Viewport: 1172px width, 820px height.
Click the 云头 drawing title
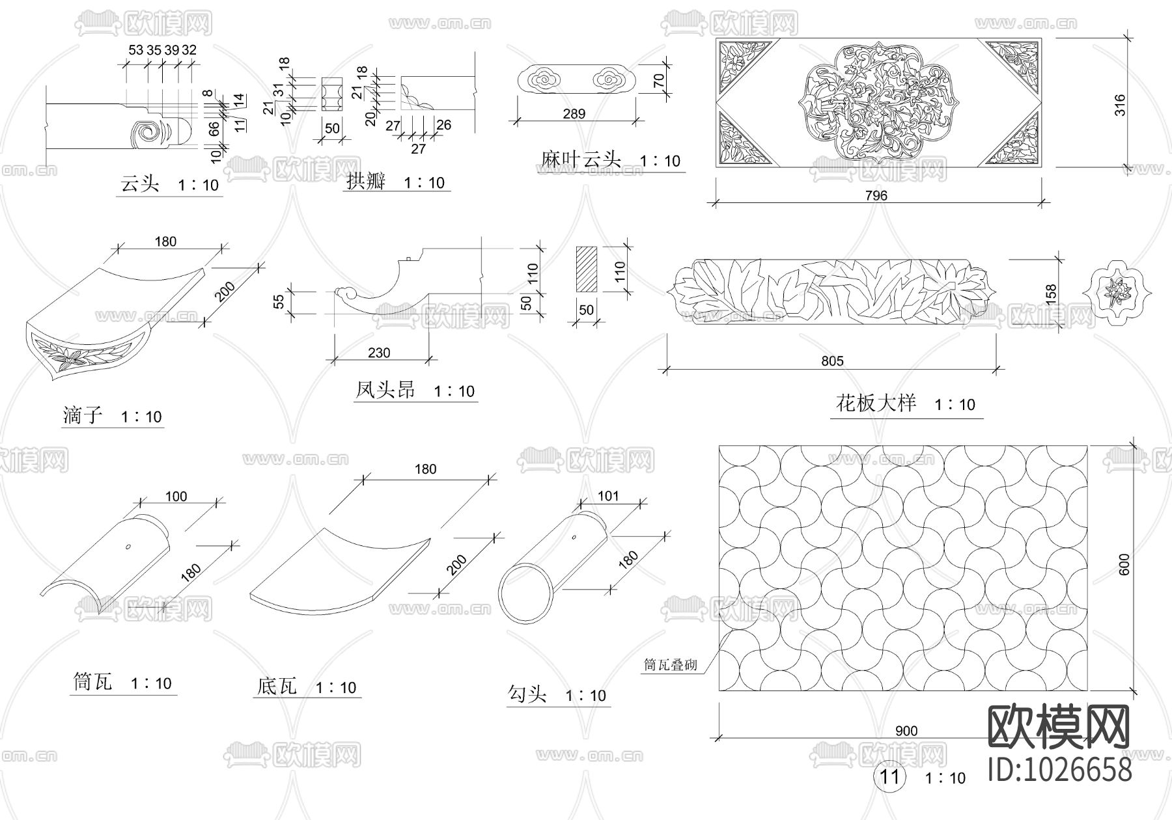(x=139, y=184)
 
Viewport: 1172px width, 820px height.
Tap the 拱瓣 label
(x=365, y=182)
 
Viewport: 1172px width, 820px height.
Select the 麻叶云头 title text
(x=581, y=159)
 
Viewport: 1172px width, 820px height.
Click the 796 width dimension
(x=877, y=195)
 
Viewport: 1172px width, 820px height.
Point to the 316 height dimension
(x=1119, y=105)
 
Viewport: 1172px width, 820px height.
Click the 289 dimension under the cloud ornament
(x=574, y=114)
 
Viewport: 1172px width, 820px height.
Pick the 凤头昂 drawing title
(x=385, y=390)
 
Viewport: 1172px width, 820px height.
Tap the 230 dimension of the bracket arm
(x=379, y=353)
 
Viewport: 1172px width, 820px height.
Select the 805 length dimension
(x=832, y=361)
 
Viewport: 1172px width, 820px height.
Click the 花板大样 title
(x=876, y=403)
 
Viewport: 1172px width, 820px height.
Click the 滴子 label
(x=83, y=415)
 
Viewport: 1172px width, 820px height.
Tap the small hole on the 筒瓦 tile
(x=128, y=546)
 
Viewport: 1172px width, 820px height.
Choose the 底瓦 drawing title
(x=277, y=686)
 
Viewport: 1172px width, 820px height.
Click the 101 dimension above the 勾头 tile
(x=608, y=496)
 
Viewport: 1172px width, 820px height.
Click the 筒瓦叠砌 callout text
(x=670, y=664)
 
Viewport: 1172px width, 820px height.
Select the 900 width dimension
(x=906, y=731)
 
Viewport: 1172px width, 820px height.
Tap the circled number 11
(x=889, y=776)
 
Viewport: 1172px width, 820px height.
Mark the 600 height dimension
(x=1124, y=564)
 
